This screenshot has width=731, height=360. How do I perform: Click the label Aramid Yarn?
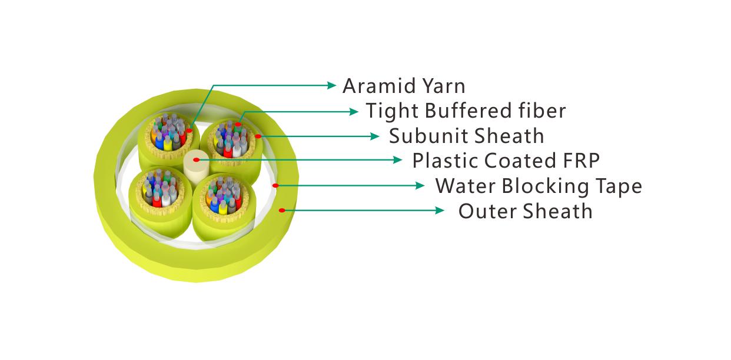coord(404,86)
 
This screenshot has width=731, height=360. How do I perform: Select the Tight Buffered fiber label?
coord(466,111)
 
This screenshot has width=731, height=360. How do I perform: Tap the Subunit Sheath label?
coord(466,136)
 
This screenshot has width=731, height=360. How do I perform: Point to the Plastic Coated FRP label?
coord(506,161)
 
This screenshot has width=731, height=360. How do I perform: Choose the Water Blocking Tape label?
coord(539,186)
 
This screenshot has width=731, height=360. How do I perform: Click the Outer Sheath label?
coord(525,211)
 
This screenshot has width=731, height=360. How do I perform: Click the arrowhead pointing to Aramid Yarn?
coord(331,85)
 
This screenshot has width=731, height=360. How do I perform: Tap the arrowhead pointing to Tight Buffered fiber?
coord(354,112)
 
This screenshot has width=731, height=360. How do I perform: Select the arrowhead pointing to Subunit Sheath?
coord(375,136)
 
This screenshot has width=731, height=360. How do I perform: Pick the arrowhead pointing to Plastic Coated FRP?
coord(398,160)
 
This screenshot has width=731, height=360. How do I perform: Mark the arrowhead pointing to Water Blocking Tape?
coord(420,185)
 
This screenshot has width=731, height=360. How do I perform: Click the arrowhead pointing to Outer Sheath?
coord(440,211)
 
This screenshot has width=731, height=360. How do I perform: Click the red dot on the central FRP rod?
coord(196,160)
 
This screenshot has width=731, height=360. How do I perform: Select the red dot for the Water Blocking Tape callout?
coord(275,185)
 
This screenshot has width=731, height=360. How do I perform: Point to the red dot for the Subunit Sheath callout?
coord(258,136)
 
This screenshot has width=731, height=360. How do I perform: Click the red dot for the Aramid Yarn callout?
coord(190,131)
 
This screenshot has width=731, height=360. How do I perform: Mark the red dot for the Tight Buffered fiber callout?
coord(238,125)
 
